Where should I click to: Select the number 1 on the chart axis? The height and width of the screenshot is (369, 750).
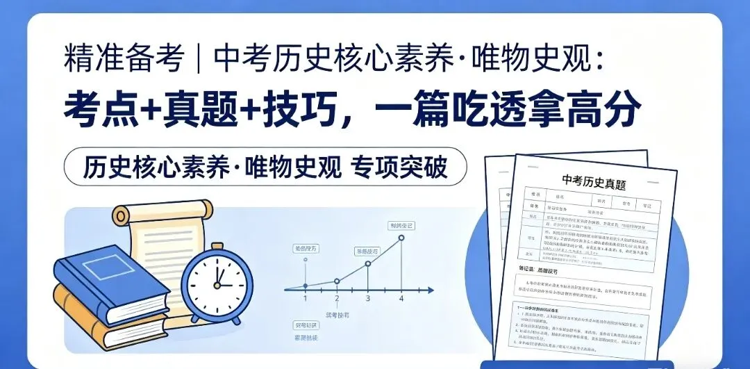[x=304, y=299]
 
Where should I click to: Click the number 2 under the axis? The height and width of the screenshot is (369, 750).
[x=337, y=299]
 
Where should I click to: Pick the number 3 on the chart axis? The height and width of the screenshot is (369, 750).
[x=368, y=299]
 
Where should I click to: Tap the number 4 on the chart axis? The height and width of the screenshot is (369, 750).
[x=401, y=299]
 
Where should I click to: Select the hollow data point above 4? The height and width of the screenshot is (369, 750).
[x=401, y=238]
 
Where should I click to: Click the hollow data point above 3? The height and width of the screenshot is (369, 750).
[x=368, y=263]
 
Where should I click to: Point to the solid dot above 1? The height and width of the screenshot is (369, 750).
[x=304, y=286]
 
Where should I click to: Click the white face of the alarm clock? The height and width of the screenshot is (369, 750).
[x=217, y=283]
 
